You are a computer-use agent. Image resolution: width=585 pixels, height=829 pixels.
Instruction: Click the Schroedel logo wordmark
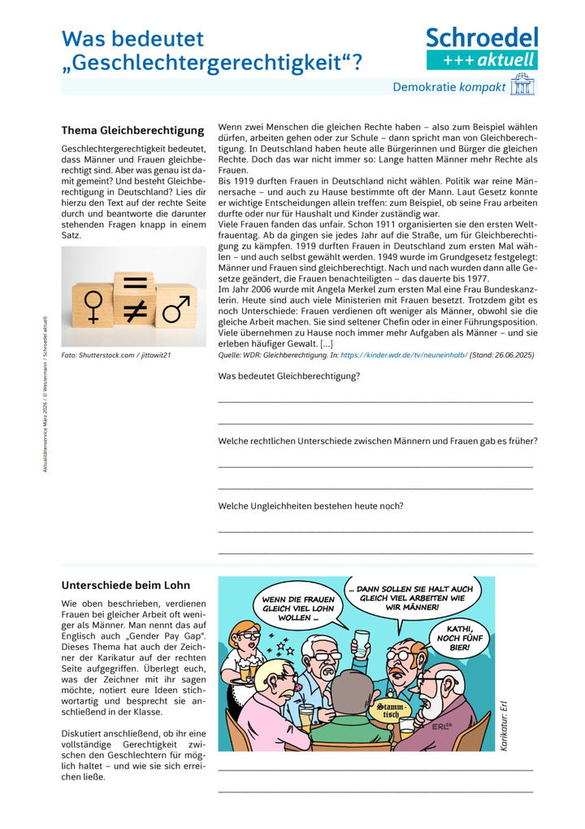click(x=482, y=38)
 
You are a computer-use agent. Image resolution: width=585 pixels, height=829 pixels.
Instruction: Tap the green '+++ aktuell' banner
click(x=482, y=59)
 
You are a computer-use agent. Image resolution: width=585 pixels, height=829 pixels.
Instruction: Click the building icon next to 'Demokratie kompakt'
click(x=522, y=86)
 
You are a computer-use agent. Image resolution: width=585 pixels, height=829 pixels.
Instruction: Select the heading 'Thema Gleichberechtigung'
click(x=132, y=130)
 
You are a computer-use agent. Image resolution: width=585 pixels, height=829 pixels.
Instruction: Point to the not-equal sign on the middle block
click(x=134, y=309)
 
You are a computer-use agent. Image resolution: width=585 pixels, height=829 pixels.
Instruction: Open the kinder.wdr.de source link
click(x=404, y=356)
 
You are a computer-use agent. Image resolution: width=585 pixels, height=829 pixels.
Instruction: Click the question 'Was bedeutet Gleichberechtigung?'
click(x=289, y=376)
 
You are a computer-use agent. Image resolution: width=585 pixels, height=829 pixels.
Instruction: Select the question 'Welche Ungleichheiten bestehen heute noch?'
click(x=310, y=505)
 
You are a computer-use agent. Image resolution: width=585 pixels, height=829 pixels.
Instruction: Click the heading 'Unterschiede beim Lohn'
click(x=126, y=585)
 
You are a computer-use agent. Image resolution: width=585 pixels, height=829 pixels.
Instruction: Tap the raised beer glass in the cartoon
click(x=362, y=640)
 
